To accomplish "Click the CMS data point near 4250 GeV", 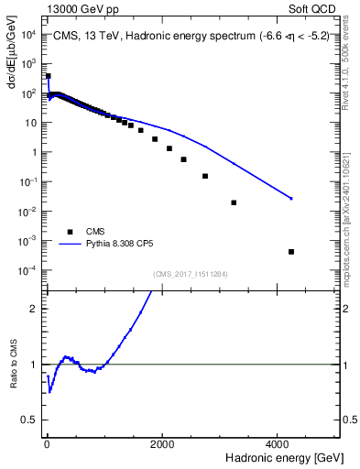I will click(291, 251).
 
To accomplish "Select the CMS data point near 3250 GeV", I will click(234, 202).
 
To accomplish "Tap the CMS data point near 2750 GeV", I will click(205, 176).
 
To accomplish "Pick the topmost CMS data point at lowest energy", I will click(48, 76).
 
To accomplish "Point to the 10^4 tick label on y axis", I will click(28, 35).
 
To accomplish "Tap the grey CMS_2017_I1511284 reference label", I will click(191, 273).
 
